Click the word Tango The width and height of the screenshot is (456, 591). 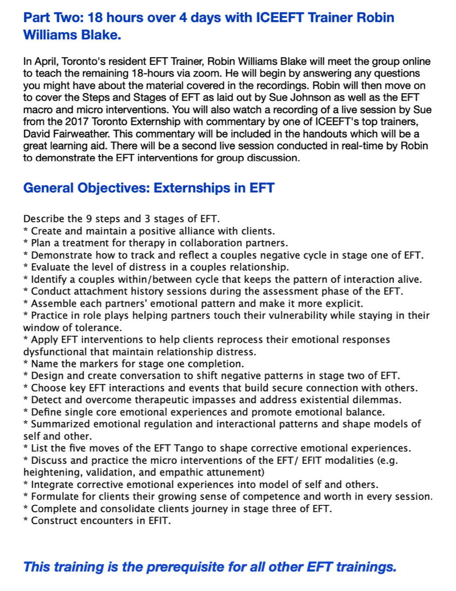[x=194, y=448]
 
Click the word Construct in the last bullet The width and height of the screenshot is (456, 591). [x=53, y=521]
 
